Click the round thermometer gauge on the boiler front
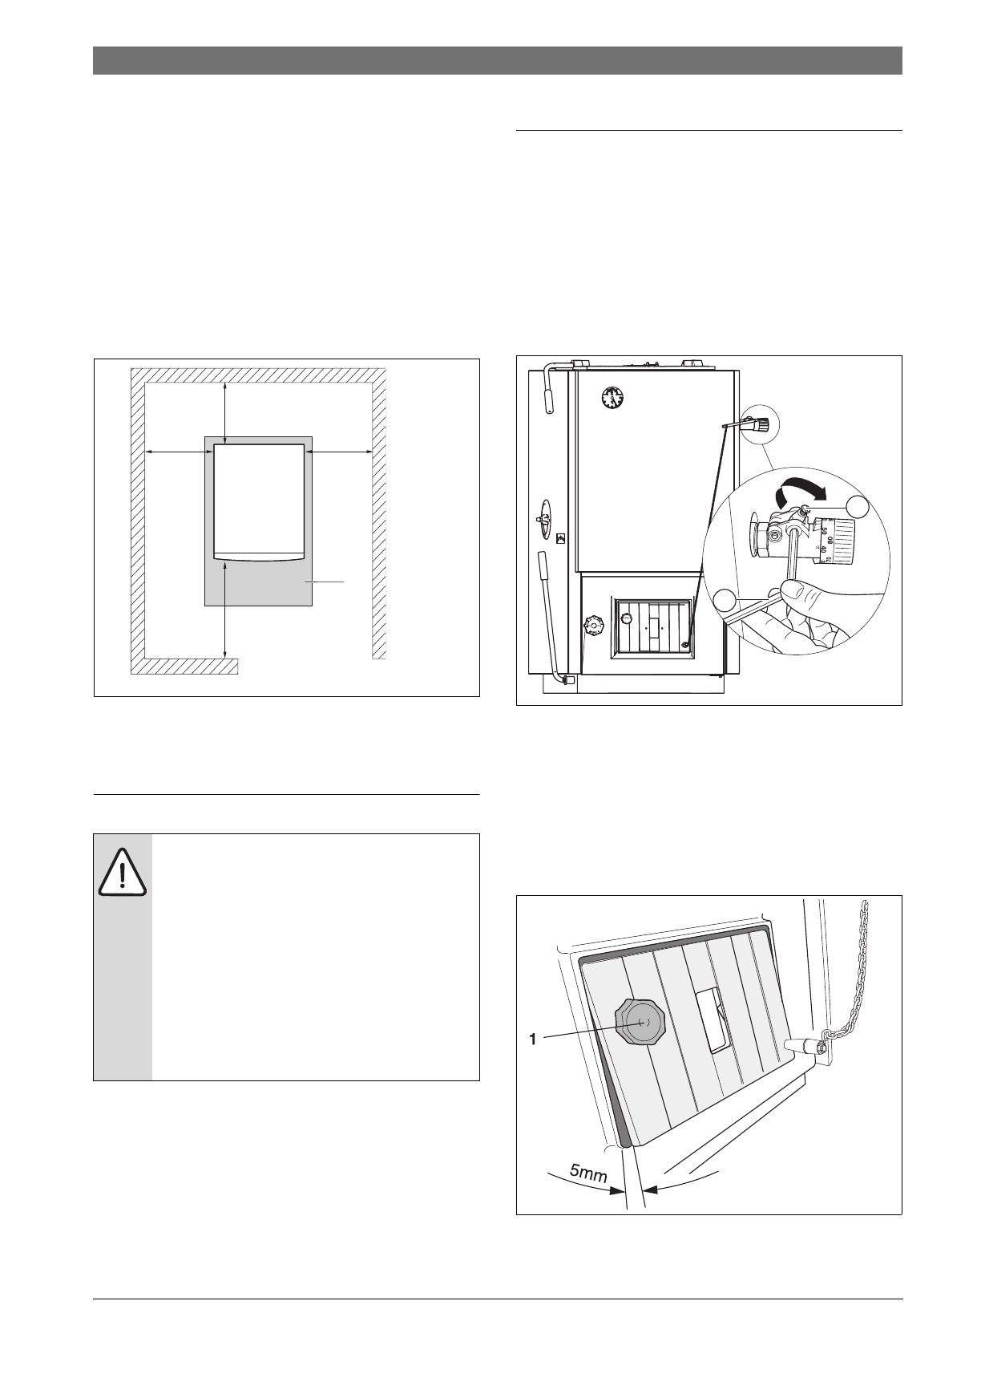[613, 396]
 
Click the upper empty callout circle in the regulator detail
[858, 506]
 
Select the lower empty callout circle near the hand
[725, 600]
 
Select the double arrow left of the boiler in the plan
[178, 452]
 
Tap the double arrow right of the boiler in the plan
[338, 452]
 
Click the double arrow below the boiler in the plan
[225, 612]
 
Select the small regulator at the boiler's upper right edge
[757, 423]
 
